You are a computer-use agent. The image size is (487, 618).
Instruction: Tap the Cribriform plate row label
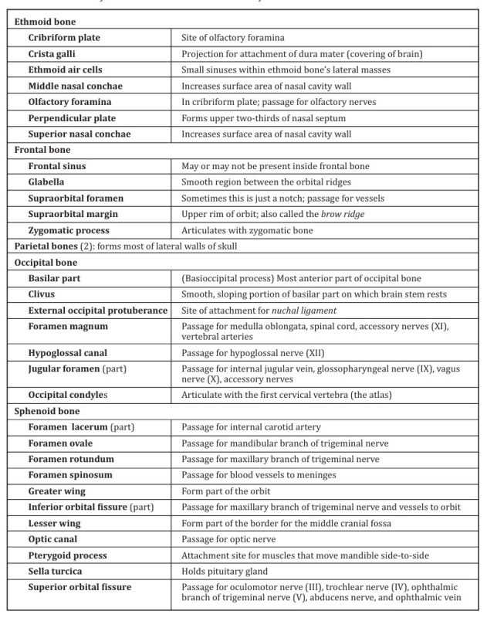(x=64, y=37)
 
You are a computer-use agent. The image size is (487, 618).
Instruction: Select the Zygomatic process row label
(x=69, y=230)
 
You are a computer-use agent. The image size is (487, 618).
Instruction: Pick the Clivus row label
(x=45, y=294)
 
